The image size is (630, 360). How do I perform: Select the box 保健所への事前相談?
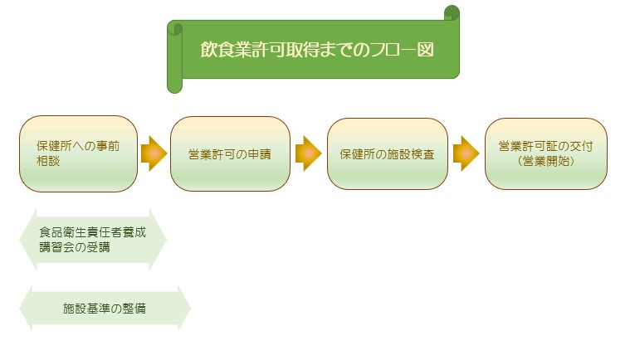pos(78,153)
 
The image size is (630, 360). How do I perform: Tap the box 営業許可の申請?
pos(230,153)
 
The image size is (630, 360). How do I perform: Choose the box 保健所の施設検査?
pos(387,153)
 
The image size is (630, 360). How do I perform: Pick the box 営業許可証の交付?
pos(545,153)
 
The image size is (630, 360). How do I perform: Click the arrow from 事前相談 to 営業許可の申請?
pos(154,153)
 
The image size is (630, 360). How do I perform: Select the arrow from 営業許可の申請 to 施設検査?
pos(308,153)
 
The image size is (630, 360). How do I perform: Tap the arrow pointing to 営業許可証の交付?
pos(466,153)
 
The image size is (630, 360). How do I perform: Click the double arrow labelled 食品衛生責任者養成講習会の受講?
pos(92,239)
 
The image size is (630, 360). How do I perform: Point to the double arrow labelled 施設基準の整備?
pos(105,309)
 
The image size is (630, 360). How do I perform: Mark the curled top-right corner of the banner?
pos(452,12)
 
